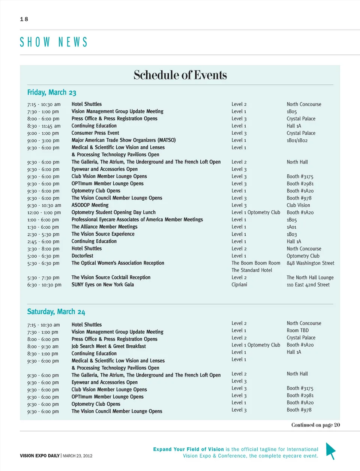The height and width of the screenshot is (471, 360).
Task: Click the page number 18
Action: [x=24, y=19]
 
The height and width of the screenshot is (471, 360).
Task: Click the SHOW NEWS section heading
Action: [x=54, y=42]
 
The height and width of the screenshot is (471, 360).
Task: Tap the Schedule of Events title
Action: [x=180, y=75]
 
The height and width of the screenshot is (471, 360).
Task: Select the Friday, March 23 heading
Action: [x=52, y=92]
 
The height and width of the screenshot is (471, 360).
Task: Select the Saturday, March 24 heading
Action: [x=56, y=312]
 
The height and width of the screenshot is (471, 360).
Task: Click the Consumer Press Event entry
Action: [x=95, y=133]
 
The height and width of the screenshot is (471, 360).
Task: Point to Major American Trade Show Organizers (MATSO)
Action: [x=123, y=140]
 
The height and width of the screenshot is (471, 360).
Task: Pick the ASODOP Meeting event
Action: [x=90, y=205]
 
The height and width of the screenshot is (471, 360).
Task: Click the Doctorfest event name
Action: [x=82, y=256]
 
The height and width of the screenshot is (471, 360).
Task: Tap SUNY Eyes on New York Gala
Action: [x=103, y=285]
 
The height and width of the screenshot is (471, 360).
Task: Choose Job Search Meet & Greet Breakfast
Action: [x=109, y=346]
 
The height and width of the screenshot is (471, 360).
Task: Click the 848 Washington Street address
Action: [x=310, y=263]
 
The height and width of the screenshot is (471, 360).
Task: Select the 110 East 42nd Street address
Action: [x=308, y=285]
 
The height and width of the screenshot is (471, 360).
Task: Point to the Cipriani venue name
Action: [x=239, y=285]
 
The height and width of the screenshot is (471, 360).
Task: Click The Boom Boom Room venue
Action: [x=256, y=263]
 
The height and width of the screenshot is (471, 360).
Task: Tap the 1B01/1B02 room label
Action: [x=297, y=140]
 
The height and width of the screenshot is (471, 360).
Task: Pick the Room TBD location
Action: [x=298, y=330]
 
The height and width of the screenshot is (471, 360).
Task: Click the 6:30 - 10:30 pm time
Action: [x=44, y=285]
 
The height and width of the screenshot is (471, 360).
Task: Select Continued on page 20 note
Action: [x=315, y=425]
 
